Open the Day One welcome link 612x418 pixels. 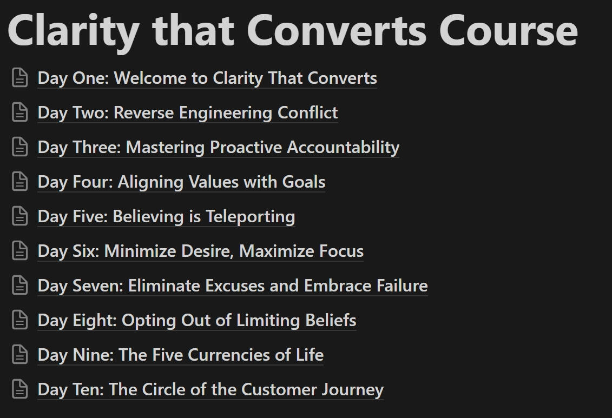(207, 78)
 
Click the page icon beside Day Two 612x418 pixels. (20, 112)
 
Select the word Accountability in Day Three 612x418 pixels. (343, 148)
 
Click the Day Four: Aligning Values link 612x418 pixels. (181, 182)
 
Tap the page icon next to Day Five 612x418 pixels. (20, 216)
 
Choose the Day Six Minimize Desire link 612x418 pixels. (201, 251)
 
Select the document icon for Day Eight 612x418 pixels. (20, 320)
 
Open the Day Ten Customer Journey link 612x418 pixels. (211, 389)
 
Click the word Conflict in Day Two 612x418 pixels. (307, 112)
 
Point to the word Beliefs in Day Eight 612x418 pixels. (331, 320)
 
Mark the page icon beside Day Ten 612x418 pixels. (20, 389)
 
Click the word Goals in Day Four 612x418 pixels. (304, 182)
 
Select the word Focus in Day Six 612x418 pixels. (341, 251)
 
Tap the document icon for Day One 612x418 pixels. (20, 77)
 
